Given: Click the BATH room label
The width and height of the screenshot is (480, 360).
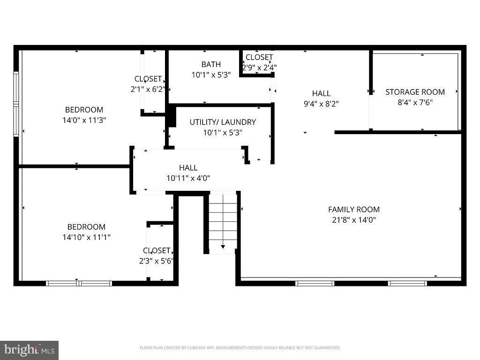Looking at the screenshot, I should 211,64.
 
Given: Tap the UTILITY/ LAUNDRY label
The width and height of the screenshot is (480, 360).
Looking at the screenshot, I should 223,122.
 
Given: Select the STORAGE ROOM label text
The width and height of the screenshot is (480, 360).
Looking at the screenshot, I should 415,92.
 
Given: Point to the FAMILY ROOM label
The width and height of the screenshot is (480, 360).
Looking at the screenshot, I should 353,210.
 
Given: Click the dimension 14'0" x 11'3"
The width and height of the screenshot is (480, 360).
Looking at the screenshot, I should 84,120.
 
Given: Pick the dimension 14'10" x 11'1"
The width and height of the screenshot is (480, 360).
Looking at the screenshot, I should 86,237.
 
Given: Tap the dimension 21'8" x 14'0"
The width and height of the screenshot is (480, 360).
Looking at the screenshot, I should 353,219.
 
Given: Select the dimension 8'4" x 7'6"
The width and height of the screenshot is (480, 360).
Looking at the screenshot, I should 415,102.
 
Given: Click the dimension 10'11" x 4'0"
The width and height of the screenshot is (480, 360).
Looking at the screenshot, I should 188,178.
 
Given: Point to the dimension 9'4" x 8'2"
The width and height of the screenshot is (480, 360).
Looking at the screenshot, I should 321,104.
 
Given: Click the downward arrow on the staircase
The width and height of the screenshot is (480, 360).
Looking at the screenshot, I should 223,246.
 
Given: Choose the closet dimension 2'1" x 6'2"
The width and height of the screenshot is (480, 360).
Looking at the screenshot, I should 148,89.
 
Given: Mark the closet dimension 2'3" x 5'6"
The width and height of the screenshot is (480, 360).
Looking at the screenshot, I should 157,261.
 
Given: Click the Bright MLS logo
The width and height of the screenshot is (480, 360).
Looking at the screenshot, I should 29,350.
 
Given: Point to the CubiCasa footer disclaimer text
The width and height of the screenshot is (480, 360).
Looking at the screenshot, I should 240,348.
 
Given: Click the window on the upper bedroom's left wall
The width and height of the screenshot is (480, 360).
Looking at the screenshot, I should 16,104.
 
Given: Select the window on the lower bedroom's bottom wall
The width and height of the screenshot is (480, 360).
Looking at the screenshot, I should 79,283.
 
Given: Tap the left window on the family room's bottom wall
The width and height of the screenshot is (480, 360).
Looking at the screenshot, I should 315,283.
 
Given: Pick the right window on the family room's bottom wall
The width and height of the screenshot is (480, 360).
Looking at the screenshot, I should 407,283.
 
